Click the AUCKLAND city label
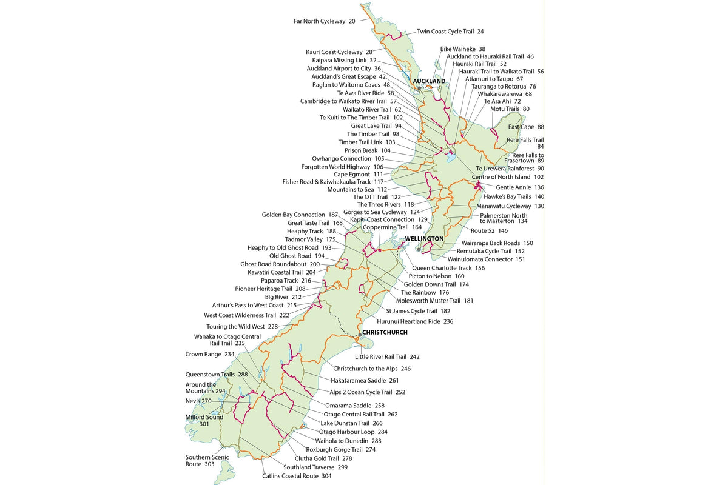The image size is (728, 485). (429, 81)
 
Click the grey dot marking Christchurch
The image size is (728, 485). (359, 335)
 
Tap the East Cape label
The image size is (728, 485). (521, 127)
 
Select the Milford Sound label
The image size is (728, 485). (204, 417)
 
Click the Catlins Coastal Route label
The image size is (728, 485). (291, 476)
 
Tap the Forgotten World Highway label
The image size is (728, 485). (335, 167)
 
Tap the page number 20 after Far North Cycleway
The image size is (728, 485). (352, 21)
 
